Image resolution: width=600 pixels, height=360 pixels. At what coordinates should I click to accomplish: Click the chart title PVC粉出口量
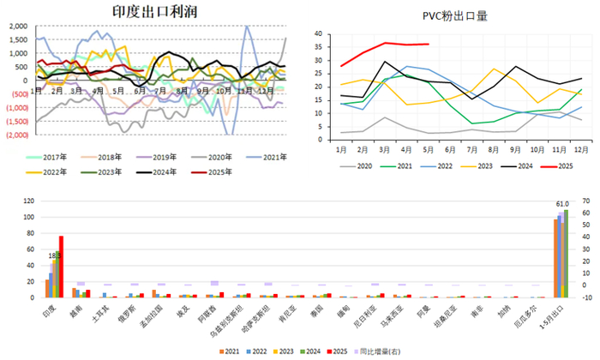tap(455, 15)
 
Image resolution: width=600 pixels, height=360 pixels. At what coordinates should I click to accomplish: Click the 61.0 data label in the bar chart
tap(561, 204)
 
